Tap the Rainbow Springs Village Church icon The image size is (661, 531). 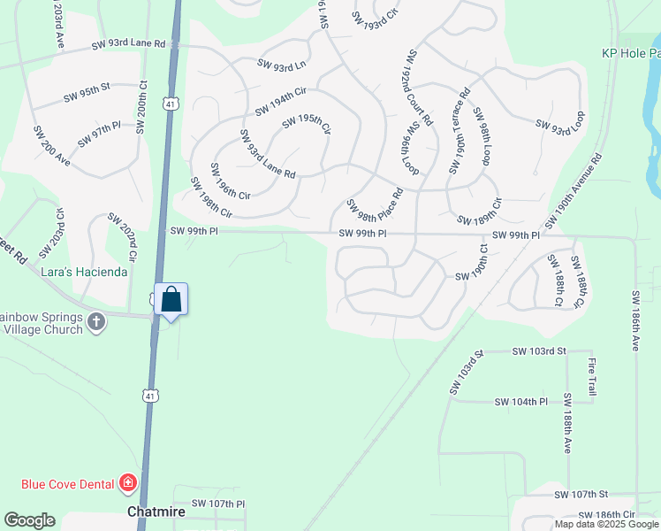click(97, 322)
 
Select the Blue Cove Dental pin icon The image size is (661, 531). click(128, 482)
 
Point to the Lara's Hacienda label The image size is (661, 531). click(84, 272)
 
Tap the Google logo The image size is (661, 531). click(29, 520)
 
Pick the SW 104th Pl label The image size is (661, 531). click(522, 402)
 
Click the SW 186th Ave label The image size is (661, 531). click(634, 320)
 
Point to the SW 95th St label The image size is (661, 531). click(86, 88)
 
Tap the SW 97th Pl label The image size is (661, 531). click(98, 136)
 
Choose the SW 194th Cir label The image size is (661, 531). click(280, 102)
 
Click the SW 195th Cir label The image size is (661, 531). click(306, 124)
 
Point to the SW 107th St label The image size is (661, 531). click(582, 494)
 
